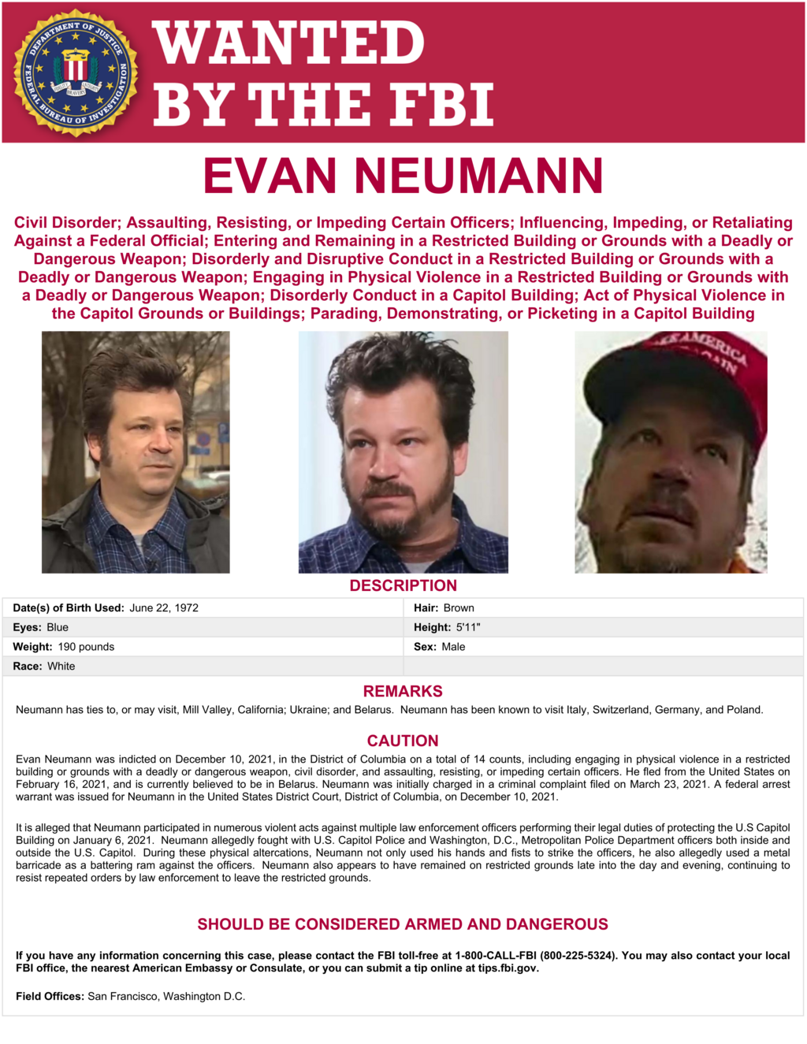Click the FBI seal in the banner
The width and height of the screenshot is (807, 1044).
[76, 72]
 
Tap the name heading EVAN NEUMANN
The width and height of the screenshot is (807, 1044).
[403, 176]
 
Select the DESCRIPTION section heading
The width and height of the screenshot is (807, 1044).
[403, 585]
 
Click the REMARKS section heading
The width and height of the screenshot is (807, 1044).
[403, 691]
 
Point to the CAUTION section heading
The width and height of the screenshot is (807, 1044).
[403, 741]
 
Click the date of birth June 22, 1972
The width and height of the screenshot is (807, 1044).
[164, 607]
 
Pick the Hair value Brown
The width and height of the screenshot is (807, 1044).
[459, 607]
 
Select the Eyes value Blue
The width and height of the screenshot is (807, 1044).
[58, 627]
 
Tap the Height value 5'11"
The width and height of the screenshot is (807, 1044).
[468, 627]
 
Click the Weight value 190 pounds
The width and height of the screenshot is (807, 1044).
[86, 647]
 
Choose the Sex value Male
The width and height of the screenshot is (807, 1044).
[453, 647]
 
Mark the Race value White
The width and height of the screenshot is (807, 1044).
[61, 667]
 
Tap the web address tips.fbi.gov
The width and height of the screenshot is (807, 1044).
[508, 968]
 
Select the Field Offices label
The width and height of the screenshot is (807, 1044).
[50, 997]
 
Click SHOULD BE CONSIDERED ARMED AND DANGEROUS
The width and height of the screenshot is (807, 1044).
[403, 924]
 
